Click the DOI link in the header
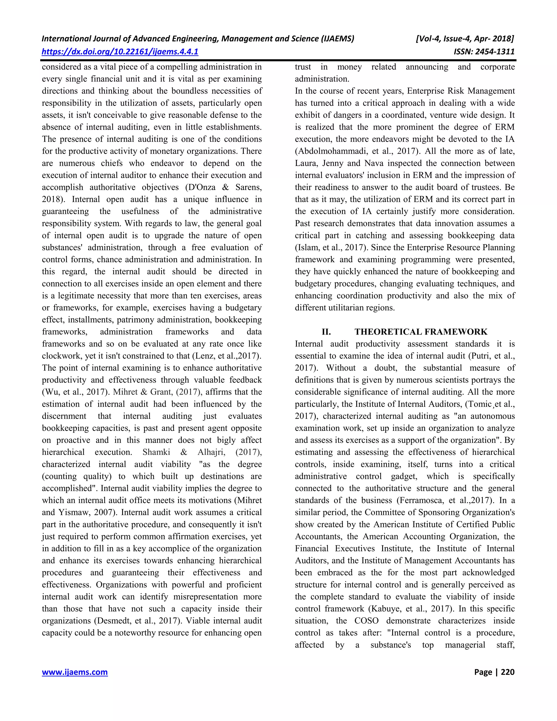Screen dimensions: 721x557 tap(120, 51)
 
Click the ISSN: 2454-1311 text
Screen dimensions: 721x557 tap(484, 51)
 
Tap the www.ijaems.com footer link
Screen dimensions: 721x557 tap(75, 672)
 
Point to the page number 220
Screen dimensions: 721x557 tap(508, 672)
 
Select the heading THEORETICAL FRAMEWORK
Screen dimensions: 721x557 tap(421, 332)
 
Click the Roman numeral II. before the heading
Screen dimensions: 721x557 tap(326, 332)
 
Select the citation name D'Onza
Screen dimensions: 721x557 tap(196, 187)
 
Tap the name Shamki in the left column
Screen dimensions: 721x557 tap(156, 452)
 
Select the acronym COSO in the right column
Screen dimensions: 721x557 tap(366, 621)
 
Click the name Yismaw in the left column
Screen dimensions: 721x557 tap(72, 512)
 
